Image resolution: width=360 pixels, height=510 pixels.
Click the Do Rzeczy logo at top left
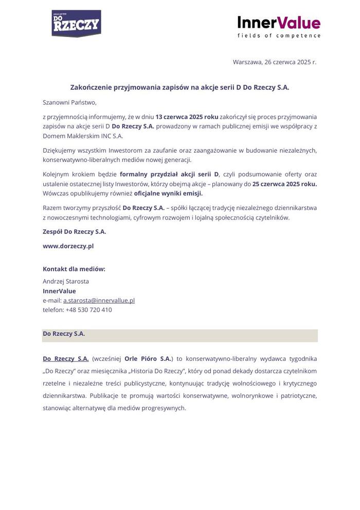point(76,24)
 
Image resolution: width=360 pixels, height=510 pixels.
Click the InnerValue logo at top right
point(279,23)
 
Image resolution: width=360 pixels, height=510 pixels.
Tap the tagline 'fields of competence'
point(279,36)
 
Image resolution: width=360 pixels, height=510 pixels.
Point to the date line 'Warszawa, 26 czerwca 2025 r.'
point(274,62)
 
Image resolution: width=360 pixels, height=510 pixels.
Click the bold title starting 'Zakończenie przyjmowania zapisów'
point(179,88)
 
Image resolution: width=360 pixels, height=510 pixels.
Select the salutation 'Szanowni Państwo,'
point(69,102)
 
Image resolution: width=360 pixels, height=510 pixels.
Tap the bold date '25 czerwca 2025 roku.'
point(284,184)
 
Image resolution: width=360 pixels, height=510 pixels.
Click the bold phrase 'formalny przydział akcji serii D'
point(169,174)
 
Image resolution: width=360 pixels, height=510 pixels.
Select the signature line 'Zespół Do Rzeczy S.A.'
point(74,232)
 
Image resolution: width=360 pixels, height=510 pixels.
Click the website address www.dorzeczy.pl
point(68,246)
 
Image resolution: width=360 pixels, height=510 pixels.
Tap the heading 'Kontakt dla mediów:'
point(74,269)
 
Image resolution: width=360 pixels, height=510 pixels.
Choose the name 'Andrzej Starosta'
point(65,281)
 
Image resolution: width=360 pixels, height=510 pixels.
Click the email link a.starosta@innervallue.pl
point(99,300)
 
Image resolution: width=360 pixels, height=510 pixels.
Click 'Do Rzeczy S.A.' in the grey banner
point(64,334)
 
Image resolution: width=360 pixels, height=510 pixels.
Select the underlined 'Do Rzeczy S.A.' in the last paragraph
point(65,358)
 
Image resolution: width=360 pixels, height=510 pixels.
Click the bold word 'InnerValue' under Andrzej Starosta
point(59,291)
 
